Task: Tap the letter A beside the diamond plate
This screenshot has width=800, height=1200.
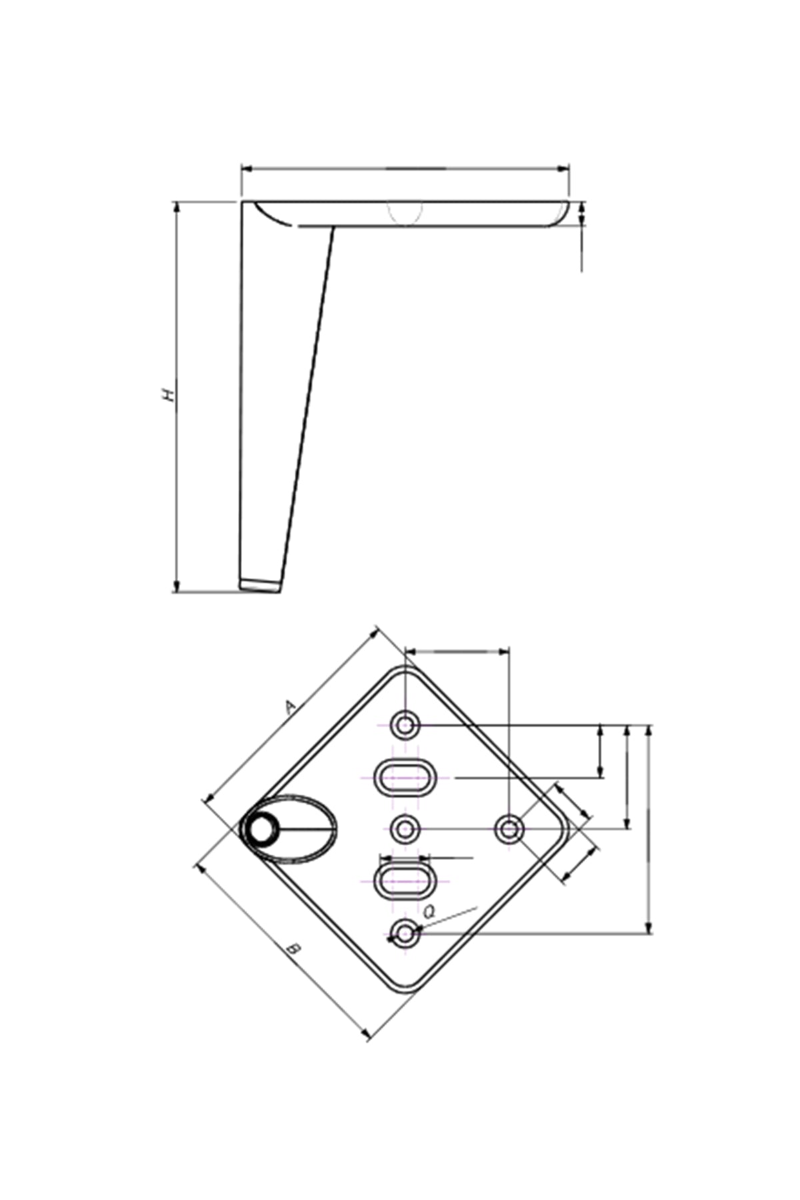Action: click(291, 707)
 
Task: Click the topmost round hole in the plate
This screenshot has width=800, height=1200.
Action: click(405, 725)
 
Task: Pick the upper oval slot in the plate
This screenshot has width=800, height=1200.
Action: click(405, 777)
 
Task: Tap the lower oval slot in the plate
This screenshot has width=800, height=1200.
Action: click(405, 881)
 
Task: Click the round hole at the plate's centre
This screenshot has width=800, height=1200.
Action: click(405, 829)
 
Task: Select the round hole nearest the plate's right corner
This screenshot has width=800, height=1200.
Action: click(509, 829)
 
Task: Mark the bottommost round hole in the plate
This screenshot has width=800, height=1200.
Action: click(405, 933)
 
